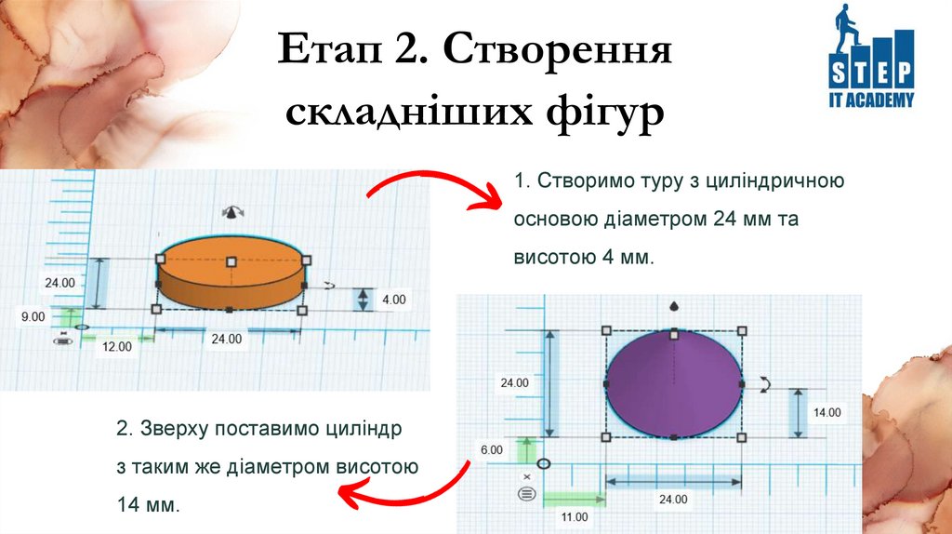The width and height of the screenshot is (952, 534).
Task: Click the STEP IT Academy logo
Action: (x=871, y=58)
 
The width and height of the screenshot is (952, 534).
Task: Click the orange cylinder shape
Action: (x=230, y=274)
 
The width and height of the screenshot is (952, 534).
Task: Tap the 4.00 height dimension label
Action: (x=394, y=300)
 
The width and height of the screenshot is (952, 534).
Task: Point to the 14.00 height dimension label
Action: (x=826, y=412)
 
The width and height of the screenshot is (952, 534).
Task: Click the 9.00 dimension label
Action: (x=33, y=316)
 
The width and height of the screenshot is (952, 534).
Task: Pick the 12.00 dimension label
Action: (x=116, y=346)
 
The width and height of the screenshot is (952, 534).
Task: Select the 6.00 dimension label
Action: (x=492, y=449)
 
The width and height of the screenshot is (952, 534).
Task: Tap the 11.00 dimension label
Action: (x=574, y=516)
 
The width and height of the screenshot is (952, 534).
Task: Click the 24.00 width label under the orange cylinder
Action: (x=226, y=340)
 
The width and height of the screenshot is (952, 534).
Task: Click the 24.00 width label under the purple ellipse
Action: (x=673, y=499)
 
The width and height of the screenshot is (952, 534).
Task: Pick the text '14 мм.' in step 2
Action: (x=147, y=505)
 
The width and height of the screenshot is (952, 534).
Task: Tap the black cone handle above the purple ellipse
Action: (x=673, y=305)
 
